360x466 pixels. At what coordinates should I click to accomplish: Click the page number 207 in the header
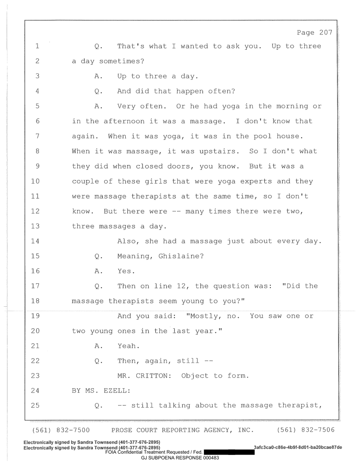(326, 32)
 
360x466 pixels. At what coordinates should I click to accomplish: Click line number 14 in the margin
(35, 241)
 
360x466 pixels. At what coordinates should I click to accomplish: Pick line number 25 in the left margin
(35, 406)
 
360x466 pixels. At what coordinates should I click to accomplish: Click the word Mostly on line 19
(206, 316)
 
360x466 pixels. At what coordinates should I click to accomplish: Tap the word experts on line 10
(256, 181)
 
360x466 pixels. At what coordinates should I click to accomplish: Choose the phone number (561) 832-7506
(306, 430)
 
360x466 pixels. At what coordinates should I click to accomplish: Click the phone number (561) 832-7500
(60, 430)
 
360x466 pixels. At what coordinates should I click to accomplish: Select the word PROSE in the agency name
(123, 430)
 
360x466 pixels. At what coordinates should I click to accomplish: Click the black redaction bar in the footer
(229, 452)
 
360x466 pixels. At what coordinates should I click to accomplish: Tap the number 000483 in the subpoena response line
(211, 458)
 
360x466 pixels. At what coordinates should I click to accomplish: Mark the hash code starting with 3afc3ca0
(298, 447)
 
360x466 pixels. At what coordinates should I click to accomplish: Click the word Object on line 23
(195, 376)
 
